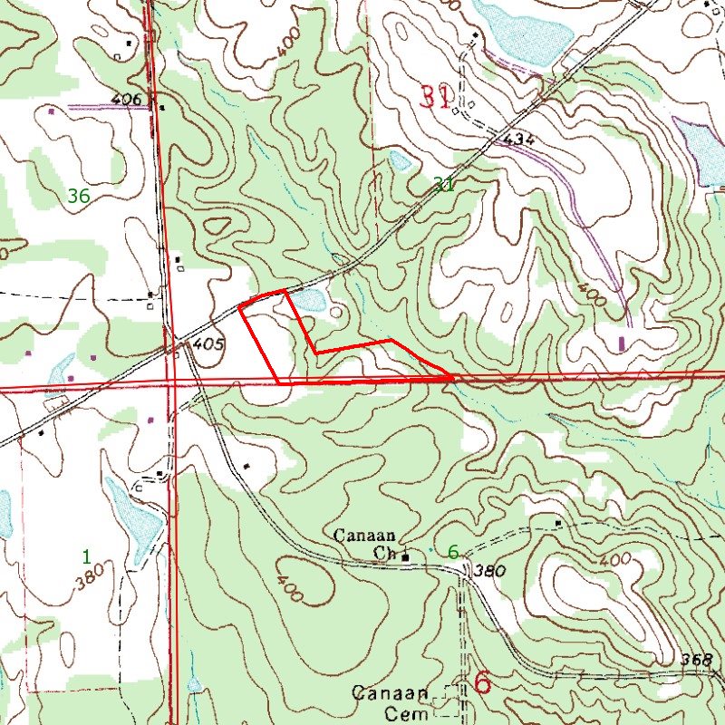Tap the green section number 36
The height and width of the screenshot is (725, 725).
click(x=78, y=195)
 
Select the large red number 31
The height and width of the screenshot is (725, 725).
click(x=434, y=97)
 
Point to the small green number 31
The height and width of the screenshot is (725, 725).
click(x=443, y=185)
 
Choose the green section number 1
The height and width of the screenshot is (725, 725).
click(x=86, y=555)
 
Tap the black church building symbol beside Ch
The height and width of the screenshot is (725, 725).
click(x=406, y=556)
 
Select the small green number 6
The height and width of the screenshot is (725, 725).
click(x=452, y=551)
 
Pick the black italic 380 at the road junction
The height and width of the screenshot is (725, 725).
click(x=488, y=573)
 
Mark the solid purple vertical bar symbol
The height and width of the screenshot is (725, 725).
click(x=622, y=343)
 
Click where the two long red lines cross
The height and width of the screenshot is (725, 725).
click(x=171, y=384)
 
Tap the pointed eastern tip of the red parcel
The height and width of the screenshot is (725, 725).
click(x=453, y=377)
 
